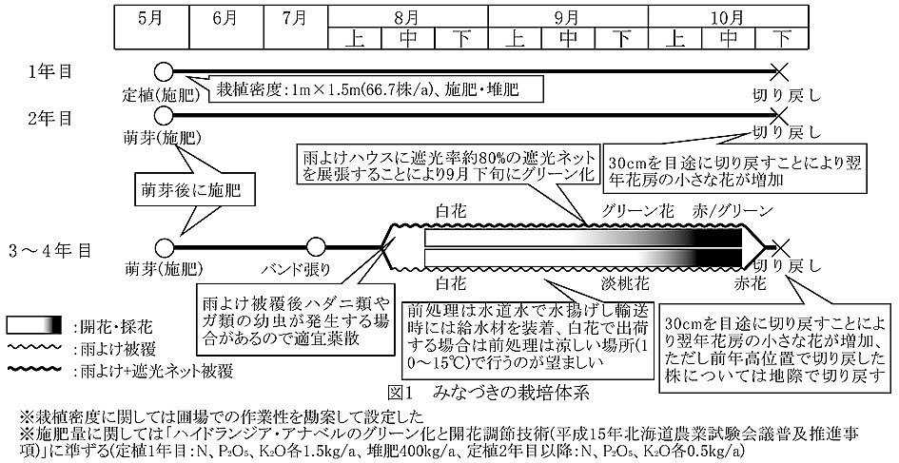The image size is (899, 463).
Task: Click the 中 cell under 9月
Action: (568, 37)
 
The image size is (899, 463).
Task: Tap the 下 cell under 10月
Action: (782, 37)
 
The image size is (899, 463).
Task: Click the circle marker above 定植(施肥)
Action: (163, 70)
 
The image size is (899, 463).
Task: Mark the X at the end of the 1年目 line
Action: (781, 70)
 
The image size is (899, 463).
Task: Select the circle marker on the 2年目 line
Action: (163, 115)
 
